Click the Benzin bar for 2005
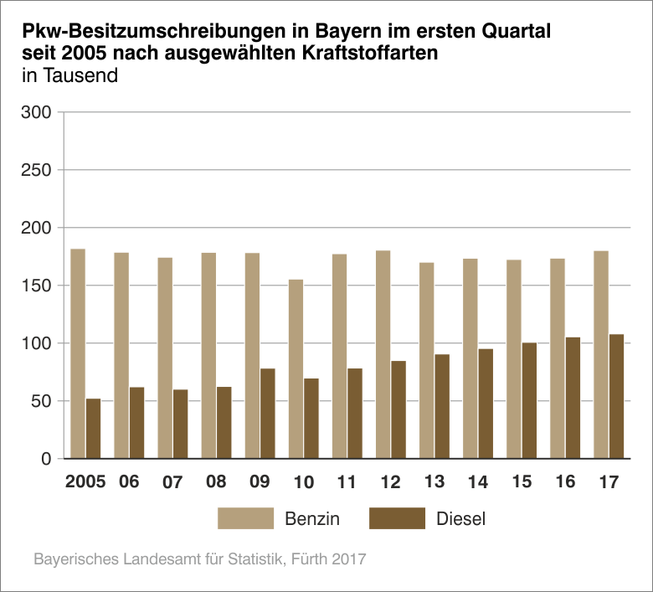coord(78,353)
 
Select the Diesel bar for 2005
coord(93,428)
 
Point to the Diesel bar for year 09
coord(267,413)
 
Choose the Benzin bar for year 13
coord(427,360)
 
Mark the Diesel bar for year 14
coord(486,403)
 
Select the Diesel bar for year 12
coord(398,409)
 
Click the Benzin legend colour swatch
coord(245,518)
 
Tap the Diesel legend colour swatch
coord(397,518)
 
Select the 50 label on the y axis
coord(41,401)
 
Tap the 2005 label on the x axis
coord(85,483)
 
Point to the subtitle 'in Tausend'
coord(70,75)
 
